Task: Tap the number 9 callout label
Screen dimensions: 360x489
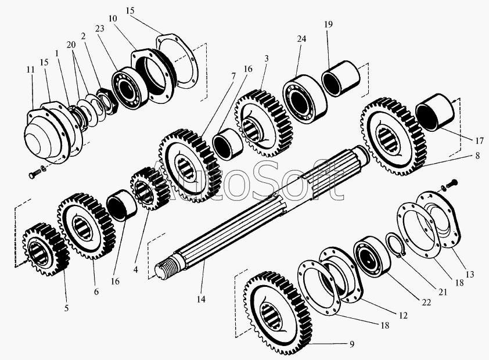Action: tap(351, 344)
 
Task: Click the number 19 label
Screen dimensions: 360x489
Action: tap(328, 25)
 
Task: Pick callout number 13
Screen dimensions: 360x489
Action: tap(469, 273)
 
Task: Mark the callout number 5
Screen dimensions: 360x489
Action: tap(66, 308)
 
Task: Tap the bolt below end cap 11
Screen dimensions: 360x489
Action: tap(35, 173)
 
